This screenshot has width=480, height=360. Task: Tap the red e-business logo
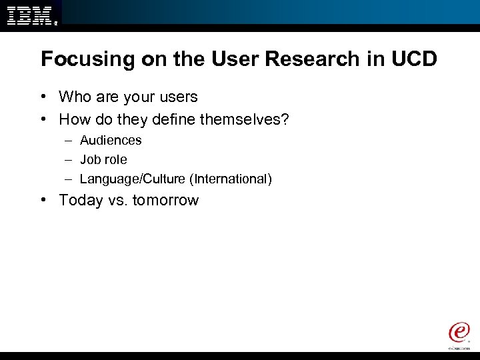pos(459,333)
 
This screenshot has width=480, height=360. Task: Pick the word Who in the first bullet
pos(75,97)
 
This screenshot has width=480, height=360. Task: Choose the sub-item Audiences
pos(111,141)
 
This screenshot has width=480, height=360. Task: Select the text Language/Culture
pos(132,179)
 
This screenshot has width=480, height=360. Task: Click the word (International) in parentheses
pos(230,179)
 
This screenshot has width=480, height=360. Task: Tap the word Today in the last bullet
pos(81,201)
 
